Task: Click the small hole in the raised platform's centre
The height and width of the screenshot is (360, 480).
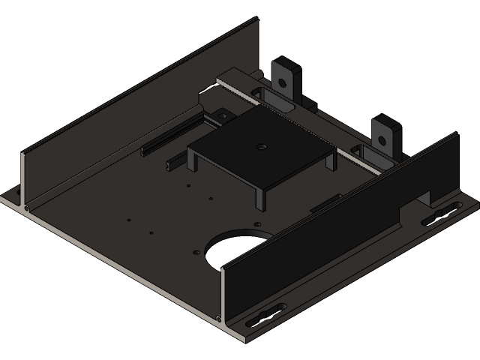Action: coord(260,146)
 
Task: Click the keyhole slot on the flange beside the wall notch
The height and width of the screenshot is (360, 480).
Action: coord(442,214)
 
